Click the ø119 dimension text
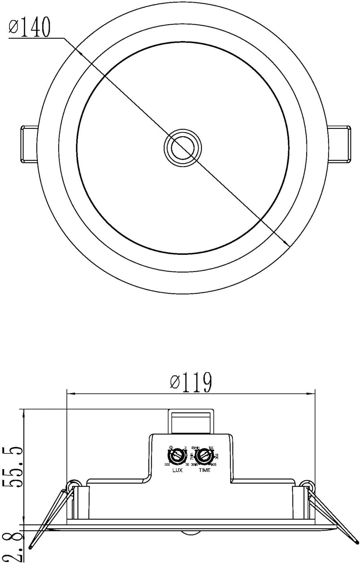pos(191,383)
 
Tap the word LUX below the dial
pos(177,470)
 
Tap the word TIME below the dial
pos(204,470)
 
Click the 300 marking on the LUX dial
pos(167,465)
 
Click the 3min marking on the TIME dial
pos(195,465)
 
